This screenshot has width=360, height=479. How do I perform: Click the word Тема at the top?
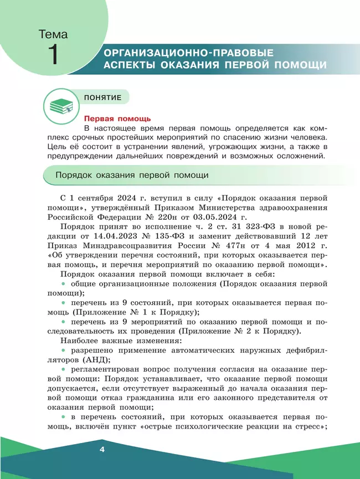(x=53, y=34)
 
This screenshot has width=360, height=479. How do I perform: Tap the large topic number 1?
(x=53, y=56)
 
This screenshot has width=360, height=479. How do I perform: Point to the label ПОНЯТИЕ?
(x=103, y=97)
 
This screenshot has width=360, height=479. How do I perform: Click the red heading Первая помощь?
(x=117, y=119)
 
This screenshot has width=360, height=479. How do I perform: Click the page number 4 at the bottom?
(x=101, y=449)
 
